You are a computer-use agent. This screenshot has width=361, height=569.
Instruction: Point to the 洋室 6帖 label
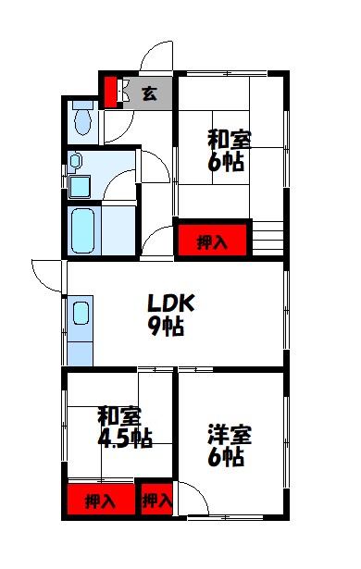[225, 445]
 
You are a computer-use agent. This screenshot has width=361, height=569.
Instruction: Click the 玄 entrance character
[148, 93]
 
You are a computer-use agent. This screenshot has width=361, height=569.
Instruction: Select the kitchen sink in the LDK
[80, 319]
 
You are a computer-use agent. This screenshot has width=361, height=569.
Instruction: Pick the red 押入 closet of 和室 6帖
[213, 241]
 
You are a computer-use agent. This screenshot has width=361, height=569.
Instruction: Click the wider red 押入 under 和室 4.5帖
[100, 501]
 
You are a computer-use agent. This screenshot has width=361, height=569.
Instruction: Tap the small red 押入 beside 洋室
[156, 501]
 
